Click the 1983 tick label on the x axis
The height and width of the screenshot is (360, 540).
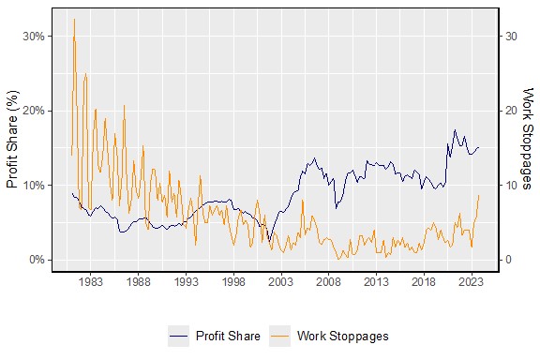pos(91,280)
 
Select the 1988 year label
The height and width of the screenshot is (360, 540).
pos(139,280)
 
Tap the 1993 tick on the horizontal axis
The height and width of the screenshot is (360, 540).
pos(186,280)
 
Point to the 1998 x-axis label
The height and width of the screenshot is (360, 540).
pos(233,280)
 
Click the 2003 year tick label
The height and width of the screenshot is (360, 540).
pos(281,280)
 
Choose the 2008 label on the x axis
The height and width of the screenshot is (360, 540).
pos(328,280)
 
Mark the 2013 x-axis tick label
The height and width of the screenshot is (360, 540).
pos(376,280)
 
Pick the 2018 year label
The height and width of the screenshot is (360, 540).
pos(424,280)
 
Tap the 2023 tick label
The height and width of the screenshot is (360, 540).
pos(471,280)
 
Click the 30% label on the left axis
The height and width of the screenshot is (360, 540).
pos(33,37)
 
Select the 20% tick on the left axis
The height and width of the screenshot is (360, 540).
pos(33,111)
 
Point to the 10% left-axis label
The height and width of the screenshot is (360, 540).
pos(33,185)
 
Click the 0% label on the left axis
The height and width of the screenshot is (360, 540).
pos(36,260)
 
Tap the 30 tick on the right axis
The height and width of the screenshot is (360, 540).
pos(512,37)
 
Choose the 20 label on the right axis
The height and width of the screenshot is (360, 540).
pos(512,111)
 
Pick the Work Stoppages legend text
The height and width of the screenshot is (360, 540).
pos(342,335)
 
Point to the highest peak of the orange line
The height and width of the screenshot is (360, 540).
pos(74,20)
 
